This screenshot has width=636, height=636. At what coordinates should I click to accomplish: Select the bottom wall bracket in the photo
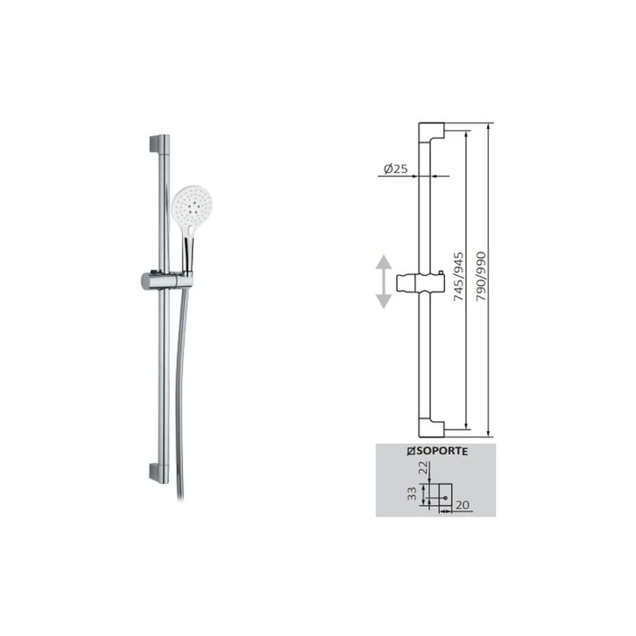click(x=159, y=473)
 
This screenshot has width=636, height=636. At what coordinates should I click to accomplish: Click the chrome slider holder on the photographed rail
click(x=166, y=280)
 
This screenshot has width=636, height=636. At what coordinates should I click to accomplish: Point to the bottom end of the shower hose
click(x=181, y=497)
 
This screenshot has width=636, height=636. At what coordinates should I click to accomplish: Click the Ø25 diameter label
click(x=396, y=169)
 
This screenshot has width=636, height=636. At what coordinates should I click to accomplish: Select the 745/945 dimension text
click(x=459, y=277)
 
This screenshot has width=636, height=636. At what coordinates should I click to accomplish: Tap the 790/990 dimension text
click(x=481, y=277)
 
